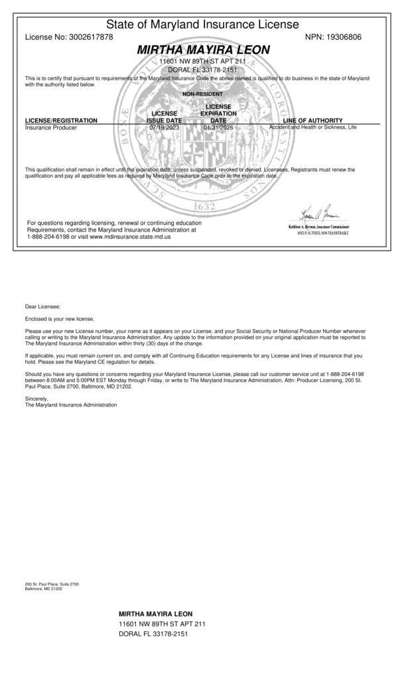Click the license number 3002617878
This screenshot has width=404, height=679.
91,37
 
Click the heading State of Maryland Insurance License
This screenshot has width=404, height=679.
202,25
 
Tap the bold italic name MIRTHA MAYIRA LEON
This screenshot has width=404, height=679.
203,50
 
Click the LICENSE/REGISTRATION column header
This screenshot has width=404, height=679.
61,121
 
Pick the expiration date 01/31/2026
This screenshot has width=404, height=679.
218,127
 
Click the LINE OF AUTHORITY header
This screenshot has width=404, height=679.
312,121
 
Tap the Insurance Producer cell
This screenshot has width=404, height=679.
51,127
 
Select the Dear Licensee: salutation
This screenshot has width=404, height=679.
42,306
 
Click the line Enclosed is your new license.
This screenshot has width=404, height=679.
60,319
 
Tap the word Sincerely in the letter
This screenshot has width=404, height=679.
37,399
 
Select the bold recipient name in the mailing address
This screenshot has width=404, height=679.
155,613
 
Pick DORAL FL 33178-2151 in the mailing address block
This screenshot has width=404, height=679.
153,634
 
